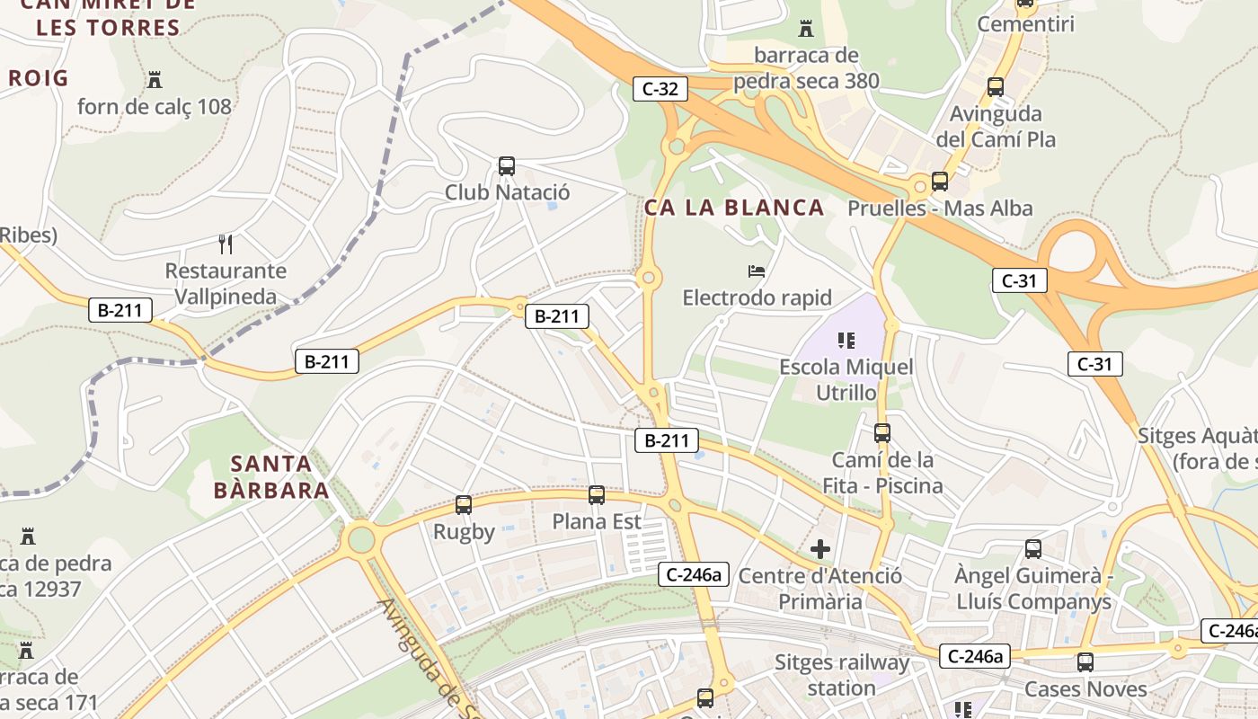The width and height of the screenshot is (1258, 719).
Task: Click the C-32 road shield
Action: [660, 88]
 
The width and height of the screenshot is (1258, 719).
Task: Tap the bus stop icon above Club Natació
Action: [507, 166]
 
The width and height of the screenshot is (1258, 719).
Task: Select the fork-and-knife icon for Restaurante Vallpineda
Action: [226, 244]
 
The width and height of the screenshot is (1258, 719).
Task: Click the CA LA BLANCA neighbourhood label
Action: [734, 208]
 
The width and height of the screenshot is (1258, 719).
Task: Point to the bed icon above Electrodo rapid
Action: [757, 271]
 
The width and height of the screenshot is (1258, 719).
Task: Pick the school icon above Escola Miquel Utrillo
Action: [846, 340]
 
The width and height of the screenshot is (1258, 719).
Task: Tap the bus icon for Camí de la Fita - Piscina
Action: [882, 433]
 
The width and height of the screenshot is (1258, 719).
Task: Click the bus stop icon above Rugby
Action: [464, 505]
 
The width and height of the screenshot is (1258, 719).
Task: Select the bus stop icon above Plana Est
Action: [597, 495]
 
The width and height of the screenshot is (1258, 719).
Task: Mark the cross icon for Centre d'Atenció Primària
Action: [819, 548]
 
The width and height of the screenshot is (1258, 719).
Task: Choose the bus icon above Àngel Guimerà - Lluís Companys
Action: [1033, 548]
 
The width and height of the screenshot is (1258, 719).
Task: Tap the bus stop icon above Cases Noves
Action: [1085, 662]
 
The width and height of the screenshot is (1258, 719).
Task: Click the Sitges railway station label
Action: [842, 675]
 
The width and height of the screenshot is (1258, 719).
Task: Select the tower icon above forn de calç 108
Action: [155, 80]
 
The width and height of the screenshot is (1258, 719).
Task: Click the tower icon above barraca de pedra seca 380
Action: [806, 29]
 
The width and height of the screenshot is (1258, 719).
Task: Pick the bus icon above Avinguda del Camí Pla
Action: [996, 87]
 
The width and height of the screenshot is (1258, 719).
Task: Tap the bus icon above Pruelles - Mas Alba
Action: [940, 182]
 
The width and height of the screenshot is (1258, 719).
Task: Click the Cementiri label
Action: [1025, 24]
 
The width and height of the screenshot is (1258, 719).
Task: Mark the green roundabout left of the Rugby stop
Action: [360, 540]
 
